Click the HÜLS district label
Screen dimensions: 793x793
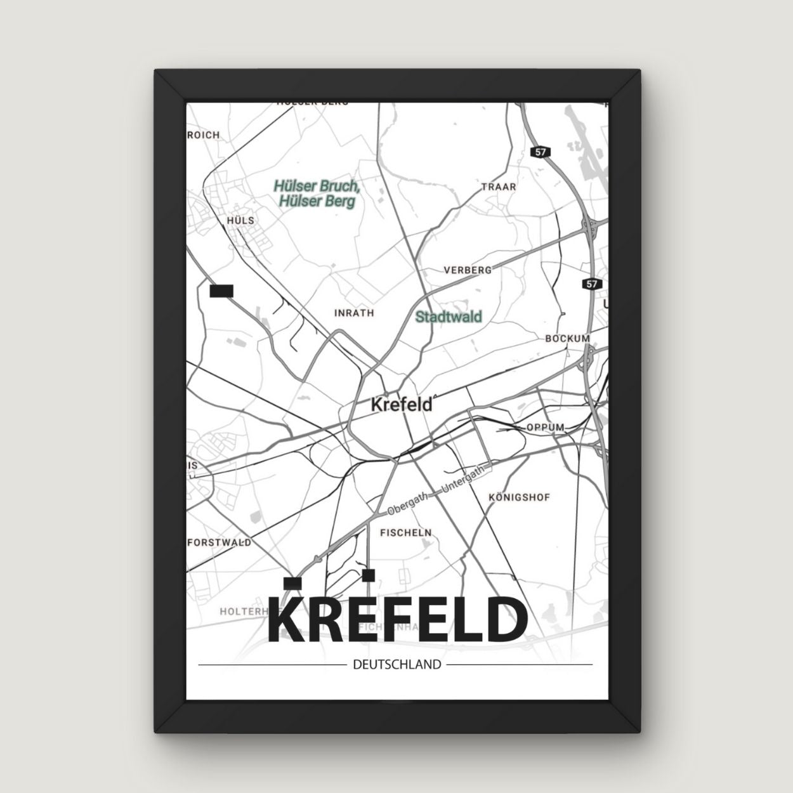tap(240, 220)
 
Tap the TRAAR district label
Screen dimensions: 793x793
tap(499, 187)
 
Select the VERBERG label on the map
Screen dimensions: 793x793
tap(468, 270)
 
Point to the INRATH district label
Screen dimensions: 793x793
tap(354, 313)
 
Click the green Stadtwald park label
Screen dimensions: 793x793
tap(449, 317)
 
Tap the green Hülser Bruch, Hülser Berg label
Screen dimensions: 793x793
tap(317, 193)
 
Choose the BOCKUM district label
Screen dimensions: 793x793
tap(568, 339)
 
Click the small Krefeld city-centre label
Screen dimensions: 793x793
tap(401, 404)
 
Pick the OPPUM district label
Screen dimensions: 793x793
tap(545, 428)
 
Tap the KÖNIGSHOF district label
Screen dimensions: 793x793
tap(520, 497)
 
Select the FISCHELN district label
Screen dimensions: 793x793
tap(405, 533)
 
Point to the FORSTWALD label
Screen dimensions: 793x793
tap(220, 542)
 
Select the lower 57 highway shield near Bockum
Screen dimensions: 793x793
tap(591, 284)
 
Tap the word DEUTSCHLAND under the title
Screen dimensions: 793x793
tap(395, 665)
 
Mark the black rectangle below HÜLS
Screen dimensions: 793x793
tap(221, 291)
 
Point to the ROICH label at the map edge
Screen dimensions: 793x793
tap(204, 134)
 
